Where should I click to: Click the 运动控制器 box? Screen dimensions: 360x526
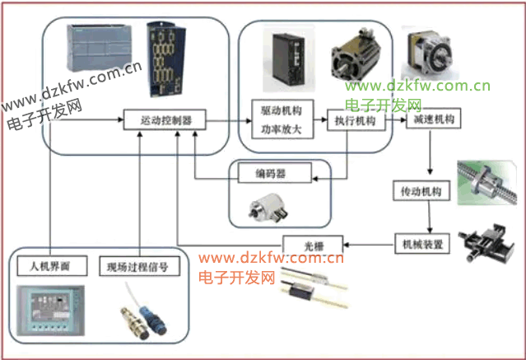point(165,120)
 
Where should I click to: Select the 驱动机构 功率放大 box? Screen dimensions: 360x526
point(277,121)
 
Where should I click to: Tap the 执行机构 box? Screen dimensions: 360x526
point(355,121)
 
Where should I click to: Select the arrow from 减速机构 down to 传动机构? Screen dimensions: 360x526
point(431,154)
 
